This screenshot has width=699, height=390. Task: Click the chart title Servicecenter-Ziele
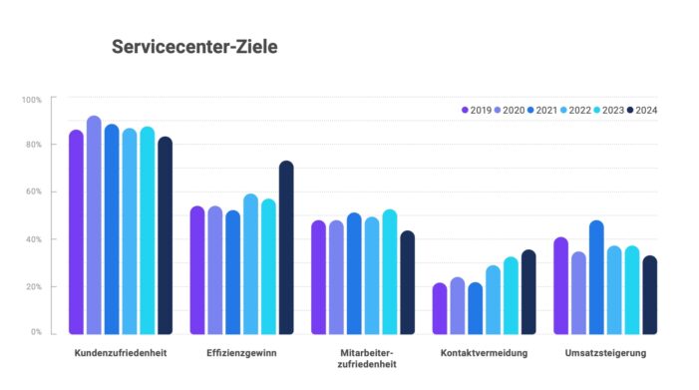point(194,47)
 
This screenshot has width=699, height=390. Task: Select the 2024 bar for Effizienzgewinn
point(286,248)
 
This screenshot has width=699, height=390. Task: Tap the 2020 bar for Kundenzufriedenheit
point(94,225)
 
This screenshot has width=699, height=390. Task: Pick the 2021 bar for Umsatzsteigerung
point(596,278)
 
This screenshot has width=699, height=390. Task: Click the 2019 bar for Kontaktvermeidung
point(440,309)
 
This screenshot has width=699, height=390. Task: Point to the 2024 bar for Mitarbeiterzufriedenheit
point(407,283)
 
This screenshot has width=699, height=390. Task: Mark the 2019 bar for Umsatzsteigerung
point(560,286)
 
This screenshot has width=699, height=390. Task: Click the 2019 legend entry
point(476,110)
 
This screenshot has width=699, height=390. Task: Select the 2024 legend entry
point(641,110)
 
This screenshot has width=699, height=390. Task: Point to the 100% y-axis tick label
point(31,100)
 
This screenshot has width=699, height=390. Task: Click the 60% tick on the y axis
point(33,192)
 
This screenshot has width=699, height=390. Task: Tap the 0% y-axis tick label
point(35,332)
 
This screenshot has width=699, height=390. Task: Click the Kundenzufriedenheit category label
point(120,353)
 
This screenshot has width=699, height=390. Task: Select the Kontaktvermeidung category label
point(484,353)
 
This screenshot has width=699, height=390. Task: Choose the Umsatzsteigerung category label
point(605,353)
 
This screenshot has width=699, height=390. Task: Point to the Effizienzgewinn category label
point(241,353)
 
